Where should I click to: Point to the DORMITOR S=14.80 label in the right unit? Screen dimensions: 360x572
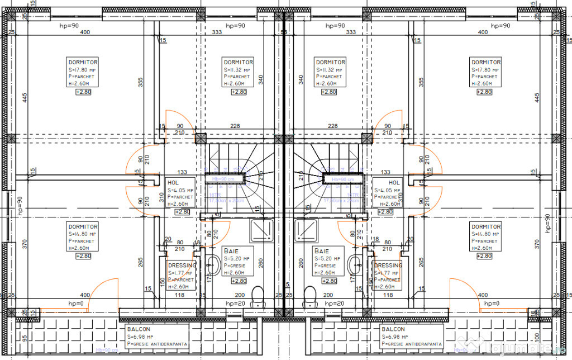coord(485,238)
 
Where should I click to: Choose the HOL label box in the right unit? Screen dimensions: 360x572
coord(387,193)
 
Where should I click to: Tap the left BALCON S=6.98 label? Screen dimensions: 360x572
coord(156,337)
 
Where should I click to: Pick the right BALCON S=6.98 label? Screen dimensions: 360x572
coord(412,337)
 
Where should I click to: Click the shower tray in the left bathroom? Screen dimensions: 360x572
coord(262,229)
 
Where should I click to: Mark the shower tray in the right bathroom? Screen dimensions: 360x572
coord(307,229)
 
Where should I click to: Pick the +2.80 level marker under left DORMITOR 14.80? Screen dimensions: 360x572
coord(83,256)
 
